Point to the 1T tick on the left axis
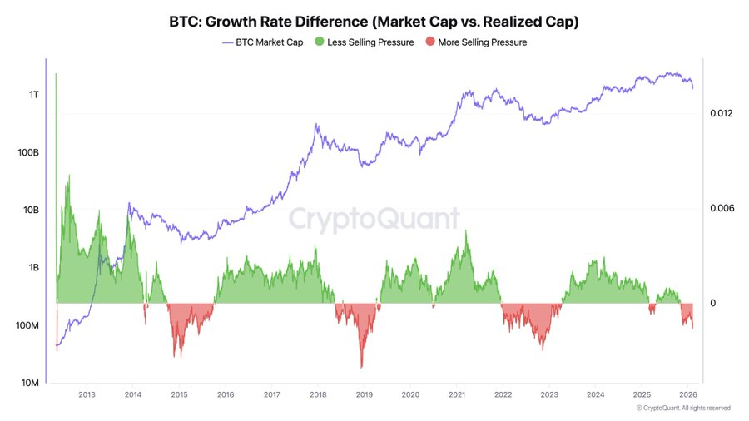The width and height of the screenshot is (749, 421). (x=33, y=95)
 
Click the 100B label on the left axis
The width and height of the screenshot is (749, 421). (x=28, y=153)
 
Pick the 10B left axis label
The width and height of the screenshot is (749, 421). (x=31, y=210)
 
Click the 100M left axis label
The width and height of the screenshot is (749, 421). (x=27, y=325)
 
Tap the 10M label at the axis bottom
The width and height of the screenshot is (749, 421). (x=30, y=383)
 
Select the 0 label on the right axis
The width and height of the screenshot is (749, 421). (x=713, y=303)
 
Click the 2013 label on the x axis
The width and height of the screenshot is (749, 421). (x=86, y=395)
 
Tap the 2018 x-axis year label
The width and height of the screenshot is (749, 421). (x=317, y=395)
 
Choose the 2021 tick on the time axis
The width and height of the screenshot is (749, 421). (x=456, y=395)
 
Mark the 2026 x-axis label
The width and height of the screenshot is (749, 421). (x=687, y=395)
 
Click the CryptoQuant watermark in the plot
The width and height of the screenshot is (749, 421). (x=374, y=219)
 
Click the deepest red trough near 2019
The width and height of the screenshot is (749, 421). (x=361, y=367)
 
